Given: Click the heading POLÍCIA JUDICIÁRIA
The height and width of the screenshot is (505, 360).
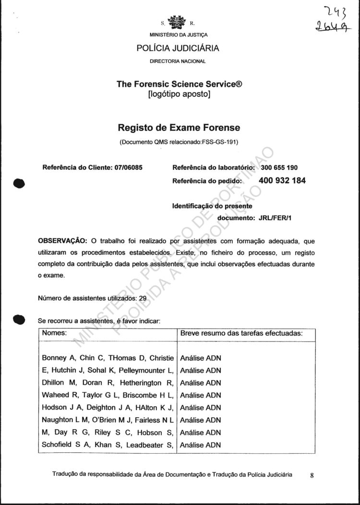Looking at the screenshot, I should click(x=178, y=48).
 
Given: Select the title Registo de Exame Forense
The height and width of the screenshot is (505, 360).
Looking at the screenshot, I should click(x=179, y=128).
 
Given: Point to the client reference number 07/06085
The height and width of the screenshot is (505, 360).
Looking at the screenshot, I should click(x=129, y=168).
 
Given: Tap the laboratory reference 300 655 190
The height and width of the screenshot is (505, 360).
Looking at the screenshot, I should click(x=279, y=168).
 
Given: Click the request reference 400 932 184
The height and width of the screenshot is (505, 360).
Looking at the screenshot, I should click(x=282, y=181).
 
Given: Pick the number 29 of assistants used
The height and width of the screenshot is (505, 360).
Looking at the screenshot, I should click(x=143, y=298).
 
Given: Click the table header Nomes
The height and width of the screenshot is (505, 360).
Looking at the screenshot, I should click(x=54, y=332).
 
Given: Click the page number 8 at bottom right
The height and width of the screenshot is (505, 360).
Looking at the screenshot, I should click(x=312, y=476).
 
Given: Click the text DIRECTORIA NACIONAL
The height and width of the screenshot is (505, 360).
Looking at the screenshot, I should click(x=178, y=61).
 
